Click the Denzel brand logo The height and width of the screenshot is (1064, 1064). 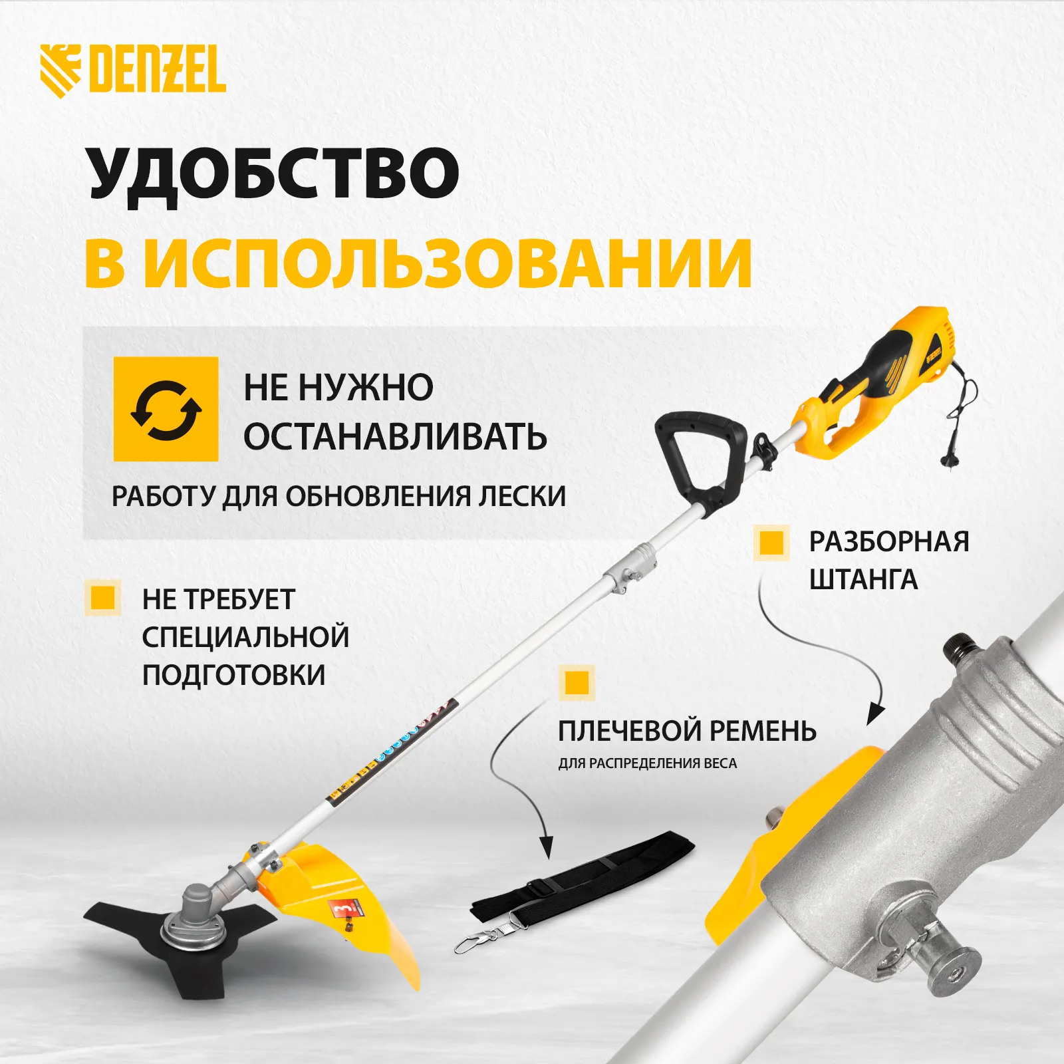(132, 70)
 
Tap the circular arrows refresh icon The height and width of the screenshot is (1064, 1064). (166, 410)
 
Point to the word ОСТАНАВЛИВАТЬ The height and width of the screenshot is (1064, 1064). (395, 437)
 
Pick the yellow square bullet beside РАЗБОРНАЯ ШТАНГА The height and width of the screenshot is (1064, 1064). (771, 542)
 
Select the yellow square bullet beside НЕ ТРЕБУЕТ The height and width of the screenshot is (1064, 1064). (102, 597)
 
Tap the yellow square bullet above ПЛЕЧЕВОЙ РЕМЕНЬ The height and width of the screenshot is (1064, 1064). (577, 682)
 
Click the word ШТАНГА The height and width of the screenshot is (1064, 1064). (863, 580)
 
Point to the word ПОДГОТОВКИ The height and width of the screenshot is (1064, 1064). (234, 675)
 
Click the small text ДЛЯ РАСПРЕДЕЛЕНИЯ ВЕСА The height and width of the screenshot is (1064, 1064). (648, 763)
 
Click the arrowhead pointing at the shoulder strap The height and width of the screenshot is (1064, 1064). (546, 848)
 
